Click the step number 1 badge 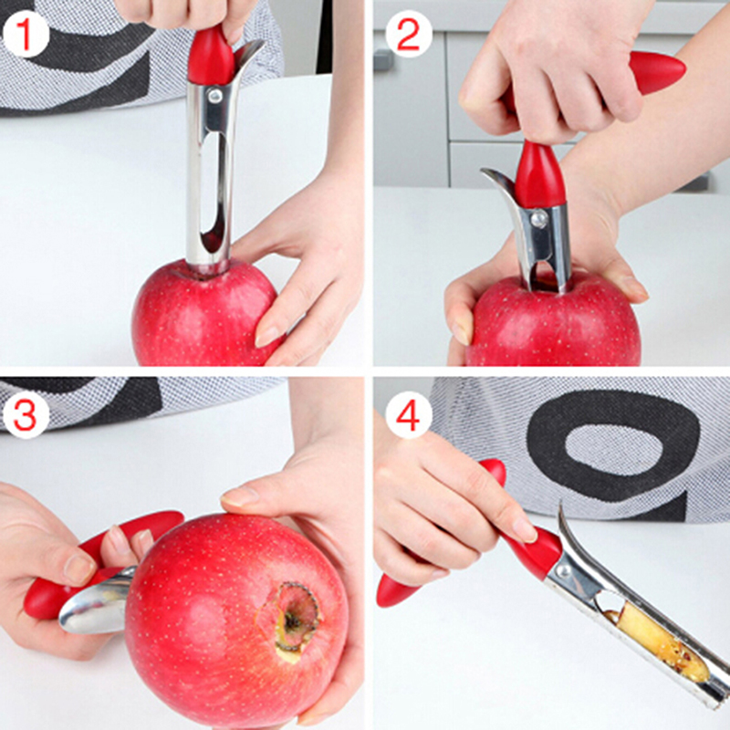[x=26, y=35]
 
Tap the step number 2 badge [x=408, y=35]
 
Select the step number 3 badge [x=26, y=415]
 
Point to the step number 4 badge [x=408, y=415]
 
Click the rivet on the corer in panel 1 [x=214, y=97]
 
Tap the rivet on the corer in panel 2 [x=538, y=218]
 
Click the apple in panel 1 [x=204, y=313]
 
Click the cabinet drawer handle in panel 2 [x=382, y=60]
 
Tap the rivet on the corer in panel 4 [x=563, y=571]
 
